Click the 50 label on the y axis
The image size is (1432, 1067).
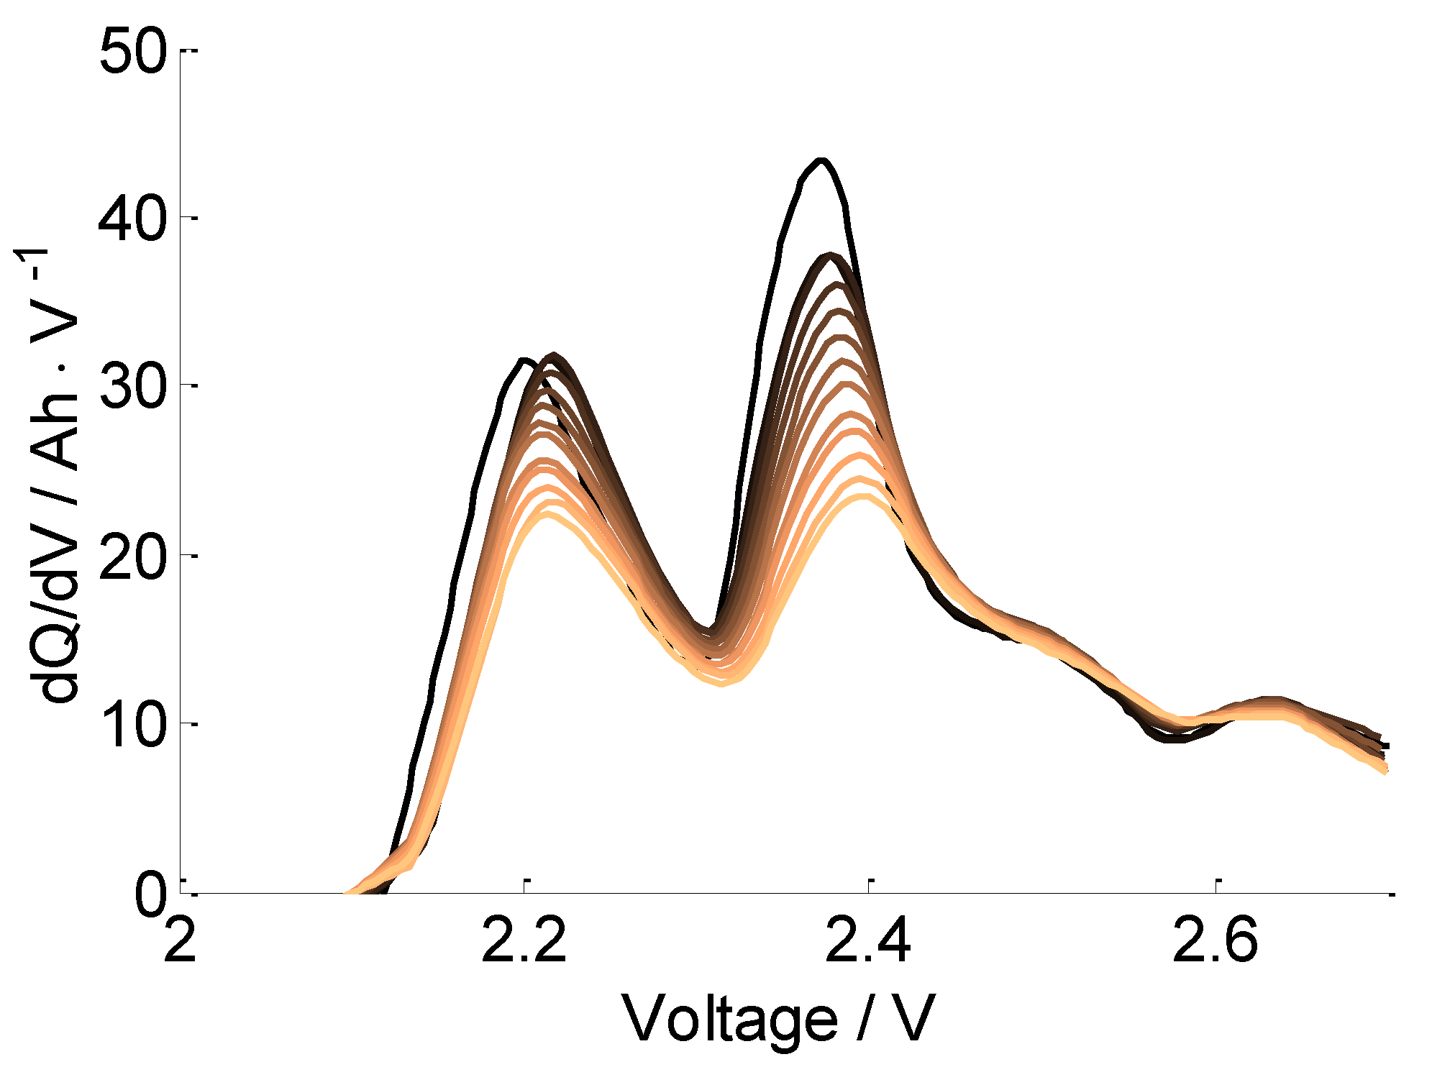(132, 52)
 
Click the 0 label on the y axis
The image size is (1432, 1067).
(152, 894)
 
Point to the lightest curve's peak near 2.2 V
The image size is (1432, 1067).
(548, 513)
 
